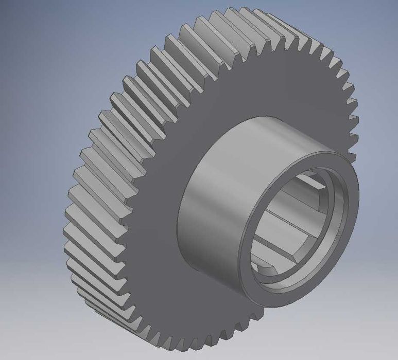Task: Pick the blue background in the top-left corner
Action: pos(21,21)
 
